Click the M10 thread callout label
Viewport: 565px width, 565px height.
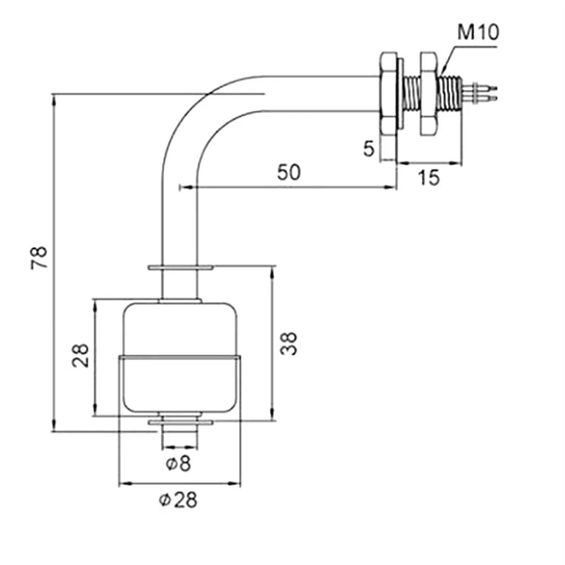pyautogui.click(x=478, y=32)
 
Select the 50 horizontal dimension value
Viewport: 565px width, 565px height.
pyautogui.click(x=288, y=172)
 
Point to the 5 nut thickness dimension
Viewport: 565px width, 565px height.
pyautogui.click(x=369, y=149)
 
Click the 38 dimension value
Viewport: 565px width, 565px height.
pyautogui.click(x=288, y=343)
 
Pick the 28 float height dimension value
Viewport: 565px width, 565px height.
pyautogui.click(x=81, y=356)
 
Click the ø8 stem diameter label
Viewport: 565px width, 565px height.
pyautogui.click(x=178, y=464)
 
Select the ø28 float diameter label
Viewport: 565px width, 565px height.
pyautogui.click(x=178, y=500)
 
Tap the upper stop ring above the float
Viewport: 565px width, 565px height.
pyautogui.click(x=180, y=268)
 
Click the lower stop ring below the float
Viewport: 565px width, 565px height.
pyautogui.click(x=180, y=422)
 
